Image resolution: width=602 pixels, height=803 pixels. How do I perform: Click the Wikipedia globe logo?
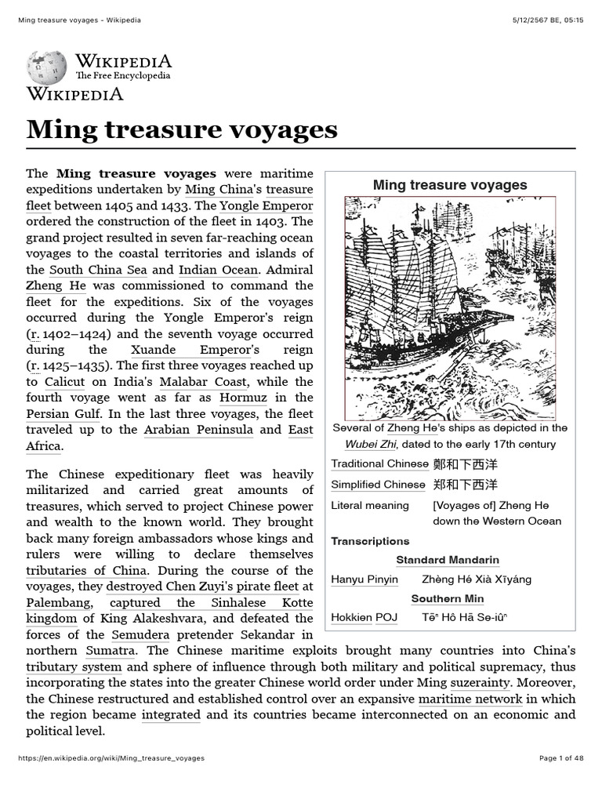(46, 67)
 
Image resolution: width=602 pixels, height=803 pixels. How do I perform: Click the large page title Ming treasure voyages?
(182, 129)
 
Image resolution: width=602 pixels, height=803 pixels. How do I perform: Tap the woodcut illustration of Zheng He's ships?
(450, 307)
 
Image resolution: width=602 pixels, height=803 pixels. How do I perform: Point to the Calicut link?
(64, 382)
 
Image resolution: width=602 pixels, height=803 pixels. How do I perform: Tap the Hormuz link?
(244, 398)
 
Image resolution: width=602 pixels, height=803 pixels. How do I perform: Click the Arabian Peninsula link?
(198, 430)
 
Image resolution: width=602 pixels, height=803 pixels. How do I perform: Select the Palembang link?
(59, 602)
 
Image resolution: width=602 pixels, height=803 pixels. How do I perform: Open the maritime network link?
(470, 699)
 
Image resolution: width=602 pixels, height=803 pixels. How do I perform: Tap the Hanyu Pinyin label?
(364, 580)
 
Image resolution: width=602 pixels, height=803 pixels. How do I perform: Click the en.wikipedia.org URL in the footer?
(111, 758)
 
